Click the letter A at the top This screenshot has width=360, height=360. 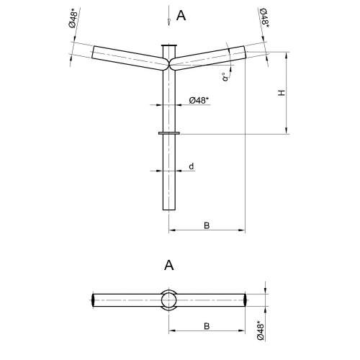pyautogui.click(x=181, y=16)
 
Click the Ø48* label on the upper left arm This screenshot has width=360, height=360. pyautogui.click(x=73, y=18)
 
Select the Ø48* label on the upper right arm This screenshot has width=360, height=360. pyautogui.click(x=264, y=17)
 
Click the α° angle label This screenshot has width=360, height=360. pyautogui.click(x=225, y=76)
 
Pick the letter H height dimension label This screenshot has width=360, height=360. pyautogui.click(x=282, y=93)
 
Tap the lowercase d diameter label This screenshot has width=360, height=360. pyautogui.click(x=192, y=166)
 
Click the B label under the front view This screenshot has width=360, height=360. pyautogui.click(x=207, y=225)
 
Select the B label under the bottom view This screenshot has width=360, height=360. pyautogui.click(x=207, y=326)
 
